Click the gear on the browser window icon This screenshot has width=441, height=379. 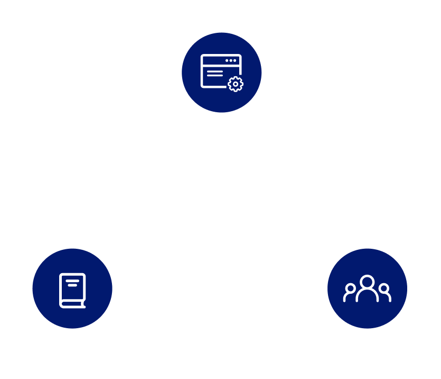tap(235, 84)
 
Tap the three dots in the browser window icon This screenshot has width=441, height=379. tap(231, 61)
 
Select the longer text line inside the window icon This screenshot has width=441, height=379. tap(214, 70)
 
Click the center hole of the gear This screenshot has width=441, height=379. tap(235, 84)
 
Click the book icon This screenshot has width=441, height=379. tap(72, 290)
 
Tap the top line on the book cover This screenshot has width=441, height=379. tap(72, 282)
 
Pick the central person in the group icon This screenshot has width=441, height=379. tap(367, 289)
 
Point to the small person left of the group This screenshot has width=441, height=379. tap(350, 293)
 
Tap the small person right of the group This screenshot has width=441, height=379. tap(384, 293)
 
